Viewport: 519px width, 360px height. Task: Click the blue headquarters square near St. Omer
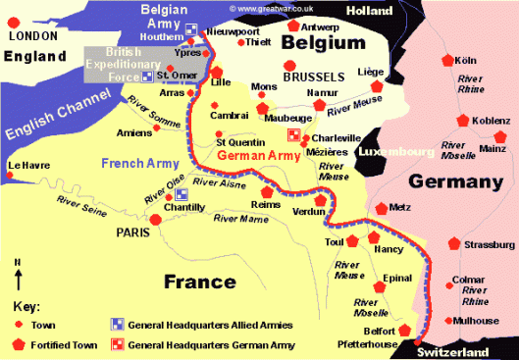(147, 76)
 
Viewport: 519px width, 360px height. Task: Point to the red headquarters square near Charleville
(292, 133)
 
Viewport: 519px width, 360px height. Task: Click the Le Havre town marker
(9, 176)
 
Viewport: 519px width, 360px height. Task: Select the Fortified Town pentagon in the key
(19, 343)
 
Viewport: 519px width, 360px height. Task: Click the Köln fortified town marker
(449, 60)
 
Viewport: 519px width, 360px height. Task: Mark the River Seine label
(79, 203)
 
